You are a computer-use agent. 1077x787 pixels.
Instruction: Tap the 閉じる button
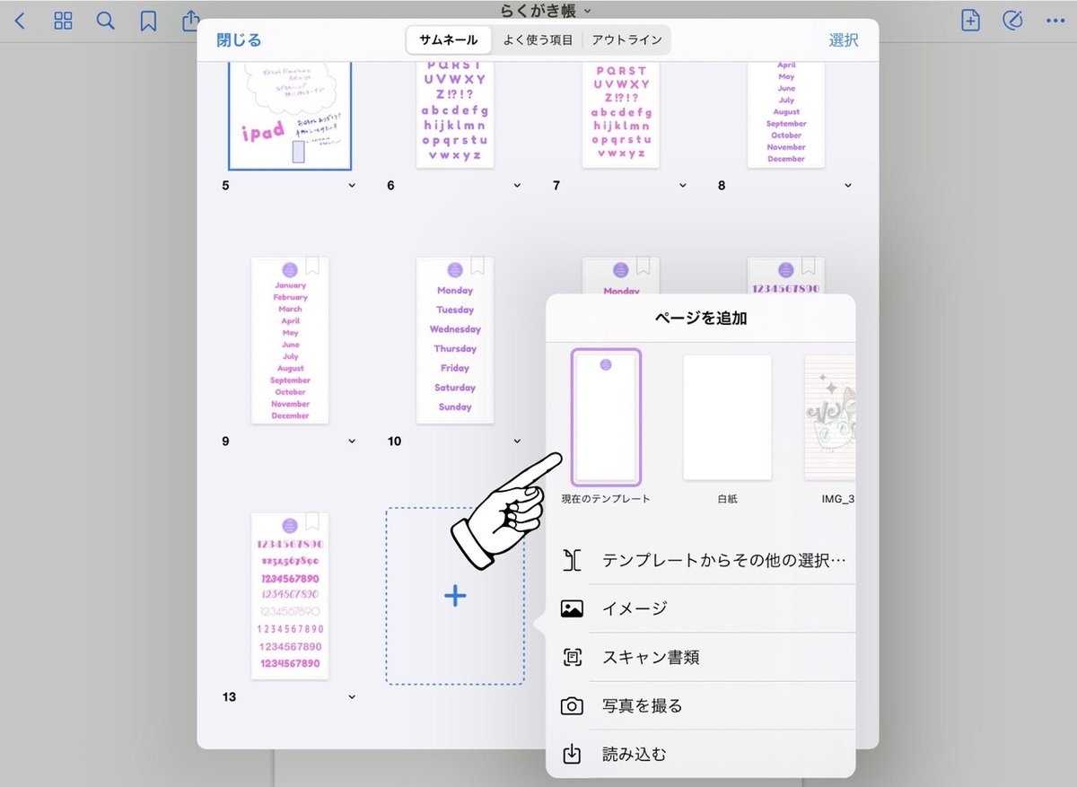[239, 40]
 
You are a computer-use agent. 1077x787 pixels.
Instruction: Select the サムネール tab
[449, 40]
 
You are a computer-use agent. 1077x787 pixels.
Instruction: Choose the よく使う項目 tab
[538, 40]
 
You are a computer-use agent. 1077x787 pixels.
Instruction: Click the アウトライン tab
[626, 40]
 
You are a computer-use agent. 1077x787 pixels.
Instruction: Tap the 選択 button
[843, 40]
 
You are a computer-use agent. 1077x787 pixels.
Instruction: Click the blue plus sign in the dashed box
[455, 596]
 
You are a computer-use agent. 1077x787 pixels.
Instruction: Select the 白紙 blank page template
[727, 418]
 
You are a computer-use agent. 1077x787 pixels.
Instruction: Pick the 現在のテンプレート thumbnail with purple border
[606, 417]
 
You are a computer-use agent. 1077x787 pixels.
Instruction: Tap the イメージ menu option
[635, 608]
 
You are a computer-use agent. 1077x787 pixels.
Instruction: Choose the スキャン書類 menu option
[651, 658]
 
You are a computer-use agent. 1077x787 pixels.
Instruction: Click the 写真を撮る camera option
[642, 706]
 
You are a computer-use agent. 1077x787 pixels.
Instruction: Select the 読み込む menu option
[634, 755]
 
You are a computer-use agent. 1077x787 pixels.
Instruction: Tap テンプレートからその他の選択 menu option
[723, 561]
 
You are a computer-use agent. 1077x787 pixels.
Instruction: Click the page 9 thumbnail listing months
[290, 341]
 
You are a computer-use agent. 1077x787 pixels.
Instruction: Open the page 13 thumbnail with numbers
[290, 596]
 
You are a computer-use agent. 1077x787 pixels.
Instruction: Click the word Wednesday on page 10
[455, 329]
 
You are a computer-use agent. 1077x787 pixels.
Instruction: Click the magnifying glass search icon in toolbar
[106, 21]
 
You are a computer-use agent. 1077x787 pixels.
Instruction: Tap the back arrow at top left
[20, 21]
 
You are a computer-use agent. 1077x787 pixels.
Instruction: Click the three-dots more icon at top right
[1054, 21]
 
